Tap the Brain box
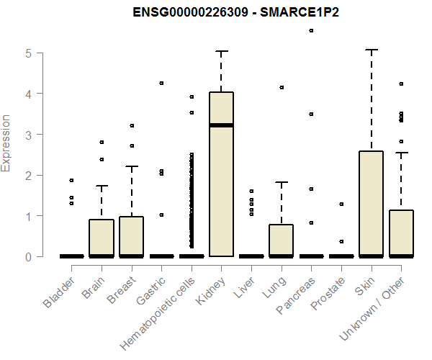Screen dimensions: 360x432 (102, 238)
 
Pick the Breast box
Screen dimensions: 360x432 (131, 236)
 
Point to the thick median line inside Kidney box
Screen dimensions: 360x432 (221, 125)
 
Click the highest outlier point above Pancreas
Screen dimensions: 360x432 (311, 31)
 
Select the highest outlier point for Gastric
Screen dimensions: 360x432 (161, 83)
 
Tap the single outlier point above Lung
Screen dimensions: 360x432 (282, 87)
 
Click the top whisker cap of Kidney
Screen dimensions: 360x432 (221, 51)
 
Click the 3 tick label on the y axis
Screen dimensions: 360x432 (29, 134)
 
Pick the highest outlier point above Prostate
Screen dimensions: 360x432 (341, 204)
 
